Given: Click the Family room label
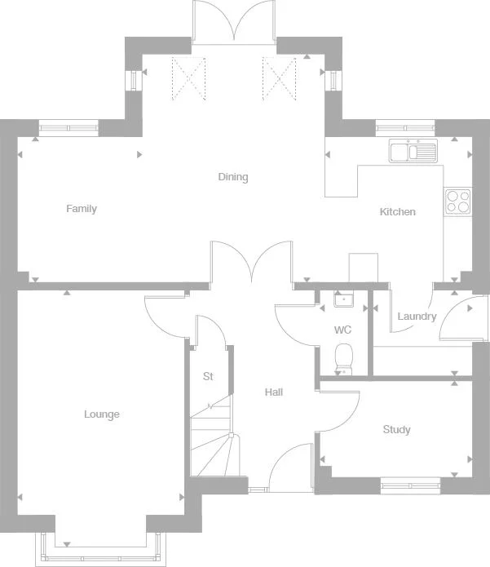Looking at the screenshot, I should [82, 209].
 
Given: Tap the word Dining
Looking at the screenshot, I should [232, 177].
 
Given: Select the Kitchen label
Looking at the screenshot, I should [398, 212].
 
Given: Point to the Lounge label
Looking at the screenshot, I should [102, 414].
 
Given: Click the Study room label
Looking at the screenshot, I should [396, 430].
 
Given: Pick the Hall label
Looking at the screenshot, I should [274, 392].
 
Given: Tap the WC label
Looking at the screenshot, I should [342, 330].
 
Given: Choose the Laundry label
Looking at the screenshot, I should [417, 317].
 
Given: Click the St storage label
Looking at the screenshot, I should [208, 376].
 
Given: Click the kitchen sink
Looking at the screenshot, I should [413, 151].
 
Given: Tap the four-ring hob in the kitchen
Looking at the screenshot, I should [457, 201].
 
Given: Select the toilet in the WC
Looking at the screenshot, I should [344, 357].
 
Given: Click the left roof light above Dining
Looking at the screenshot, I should [187, 78].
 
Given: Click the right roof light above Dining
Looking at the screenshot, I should [277, 78].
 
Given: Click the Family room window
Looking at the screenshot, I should [68, 126].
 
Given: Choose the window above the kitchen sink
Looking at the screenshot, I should [405, 126].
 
